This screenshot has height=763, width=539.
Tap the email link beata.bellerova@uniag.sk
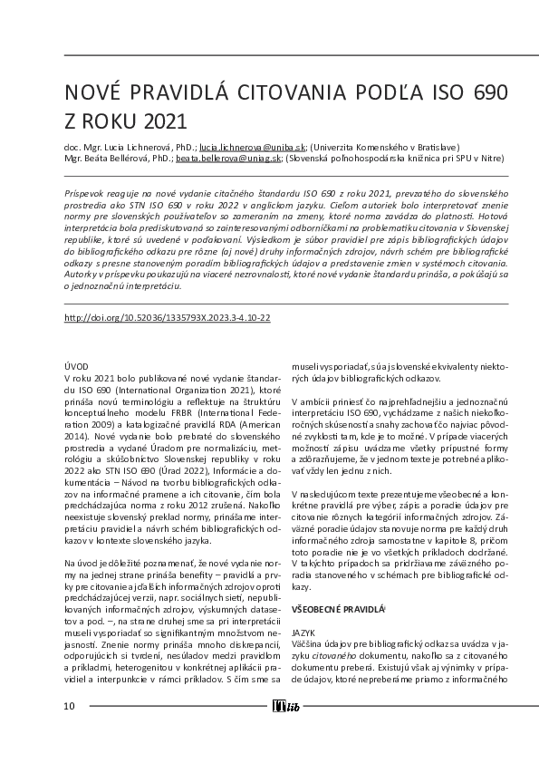[x=229, y=157]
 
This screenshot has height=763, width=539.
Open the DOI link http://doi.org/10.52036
[x=168, y=318]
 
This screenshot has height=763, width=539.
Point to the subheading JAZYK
[x=303, y=632]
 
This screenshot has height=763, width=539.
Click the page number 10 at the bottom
[x=69, y=706]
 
